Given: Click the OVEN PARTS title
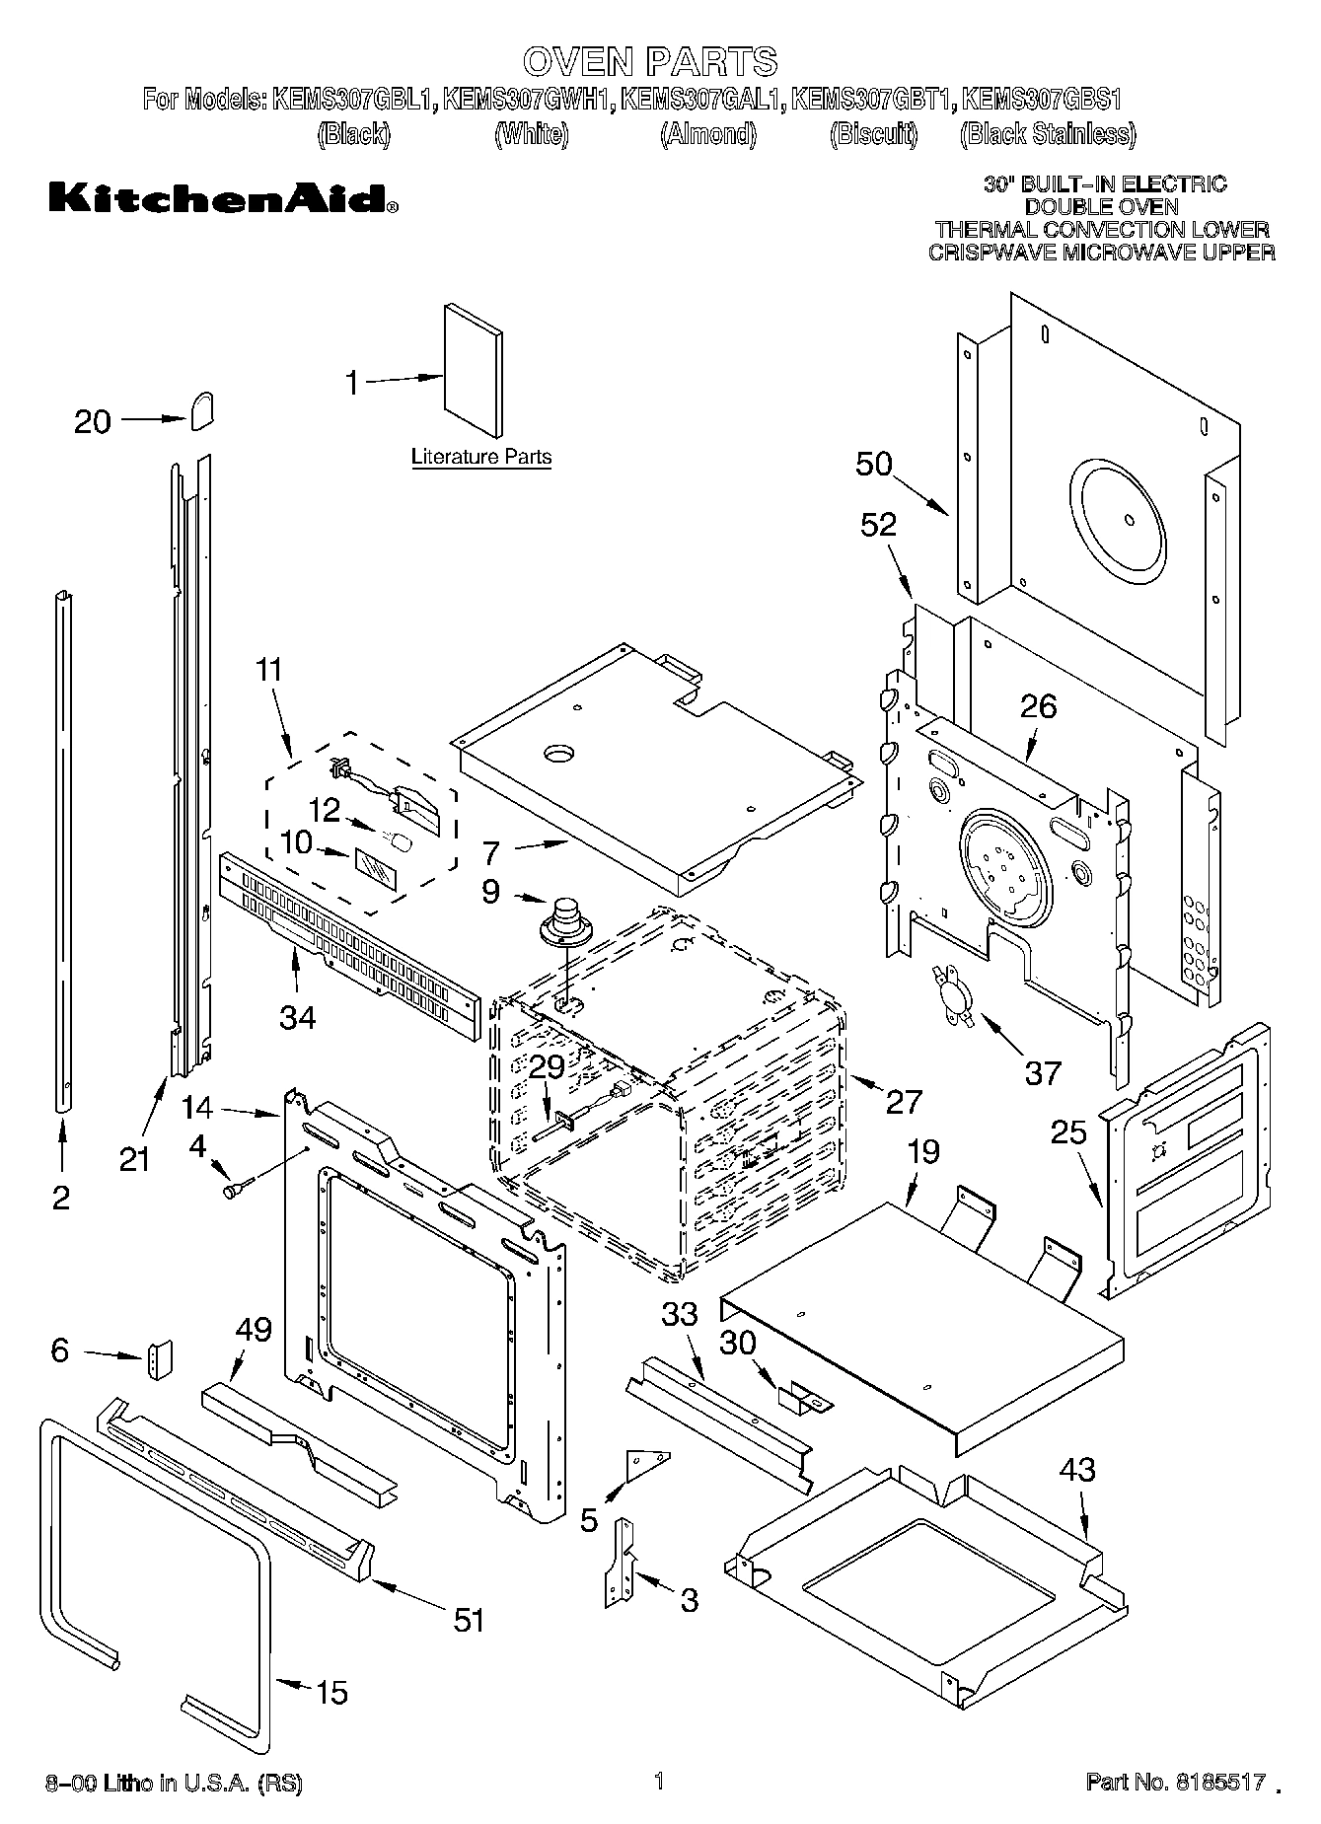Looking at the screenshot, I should tap(649, 61).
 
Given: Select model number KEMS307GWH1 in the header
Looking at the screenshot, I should tap(529, 100).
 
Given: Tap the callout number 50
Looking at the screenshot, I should tap(874, 464).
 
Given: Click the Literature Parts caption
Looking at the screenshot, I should tap(480, 457).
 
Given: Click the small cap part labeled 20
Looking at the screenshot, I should tap(202, 408).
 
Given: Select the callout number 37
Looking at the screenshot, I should tap(1043, 1072).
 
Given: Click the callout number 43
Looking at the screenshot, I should tap(1076, 1471).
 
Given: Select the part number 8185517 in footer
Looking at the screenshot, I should tap(1219, 1783).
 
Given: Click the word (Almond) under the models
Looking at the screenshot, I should tap(707, 134).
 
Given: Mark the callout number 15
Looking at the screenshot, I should tap(330, 1692).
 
